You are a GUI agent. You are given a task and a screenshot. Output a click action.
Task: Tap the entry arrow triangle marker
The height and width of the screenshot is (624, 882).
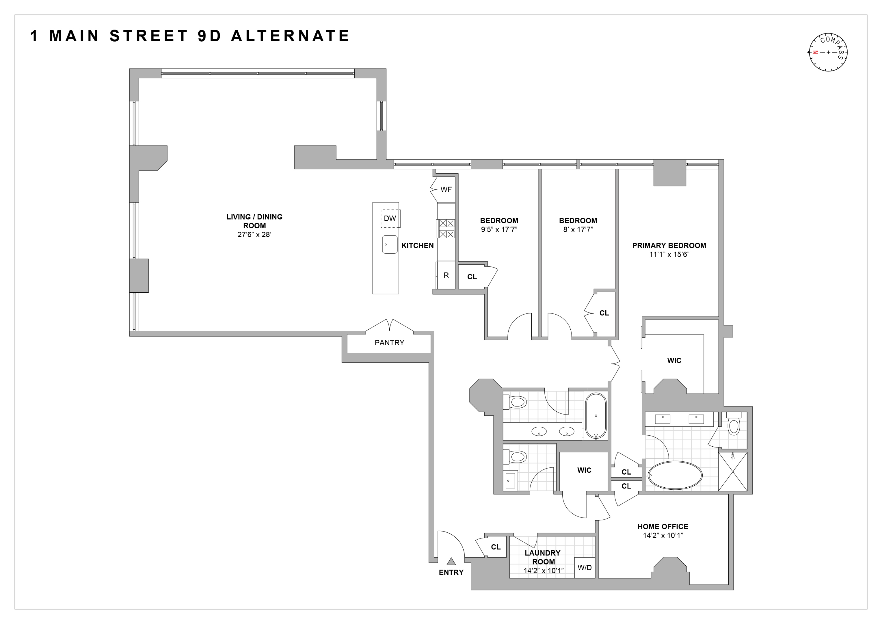click(x=451, y=561)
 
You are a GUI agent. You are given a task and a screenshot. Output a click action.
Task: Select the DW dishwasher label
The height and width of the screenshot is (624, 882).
click(x=390, y=218)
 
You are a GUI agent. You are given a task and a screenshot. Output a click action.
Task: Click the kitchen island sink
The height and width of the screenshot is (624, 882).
click(x=390, y=244)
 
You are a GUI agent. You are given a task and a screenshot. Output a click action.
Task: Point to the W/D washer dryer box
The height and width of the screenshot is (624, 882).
click(x=584, y=567)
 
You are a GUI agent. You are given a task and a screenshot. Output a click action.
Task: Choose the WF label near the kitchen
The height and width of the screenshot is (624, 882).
click(x=446, y=190)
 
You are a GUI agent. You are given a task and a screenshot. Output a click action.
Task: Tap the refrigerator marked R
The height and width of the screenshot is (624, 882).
click(x=446, y=275)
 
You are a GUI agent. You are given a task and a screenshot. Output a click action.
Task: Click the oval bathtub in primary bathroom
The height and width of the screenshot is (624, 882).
click(x=675, y=475)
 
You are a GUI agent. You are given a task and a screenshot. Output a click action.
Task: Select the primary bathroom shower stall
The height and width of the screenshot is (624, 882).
click(x=733, y=471)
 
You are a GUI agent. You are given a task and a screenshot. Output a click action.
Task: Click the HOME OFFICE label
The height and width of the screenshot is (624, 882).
click(x=663, y=526)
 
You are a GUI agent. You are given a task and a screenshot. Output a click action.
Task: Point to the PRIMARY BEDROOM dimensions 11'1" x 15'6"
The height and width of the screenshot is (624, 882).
click(x=669, y=254)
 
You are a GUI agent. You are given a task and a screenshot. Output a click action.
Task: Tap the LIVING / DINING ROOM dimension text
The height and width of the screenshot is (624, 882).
click(x=254, y=234)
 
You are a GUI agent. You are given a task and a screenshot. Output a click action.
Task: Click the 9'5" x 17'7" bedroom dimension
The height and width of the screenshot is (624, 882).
click(x=499, y=229)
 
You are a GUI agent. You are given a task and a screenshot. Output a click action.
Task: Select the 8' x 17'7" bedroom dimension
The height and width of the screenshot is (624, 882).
click(x=578, y=229)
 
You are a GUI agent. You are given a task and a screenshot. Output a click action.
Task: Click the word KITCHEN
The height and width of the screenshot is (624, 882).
click(x=417, y=246)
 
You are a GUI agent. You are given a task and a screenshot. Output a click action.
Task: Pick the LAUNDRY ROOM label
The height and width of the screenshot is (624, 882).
click(x=542, y=557)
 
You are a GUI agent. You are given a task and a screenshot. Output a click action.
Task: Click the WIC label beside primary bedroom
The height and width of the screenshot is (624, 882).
click(x=674, y=361)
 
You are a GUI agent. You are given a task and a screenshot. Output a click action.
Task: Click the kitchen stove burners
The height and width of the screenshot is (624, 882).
click(x=446, y=229)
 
